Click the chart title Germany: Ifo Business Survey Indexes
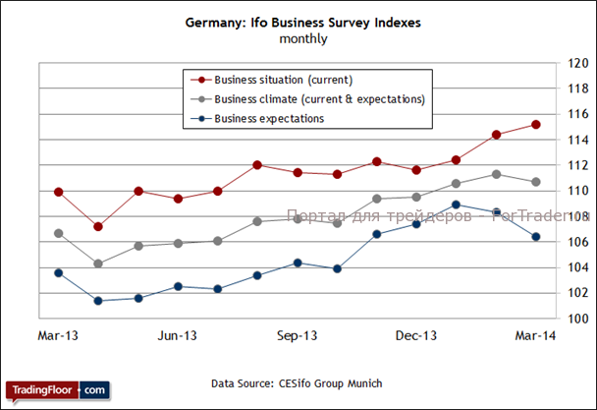coord(302,22)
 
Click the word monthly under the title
coord(302,39)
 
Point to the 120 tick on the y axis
coord(578,63)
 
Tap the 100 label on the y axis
coord(578,319)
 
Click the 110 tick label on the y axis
coord(578,191)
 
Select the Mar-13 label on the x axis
coord(58,336)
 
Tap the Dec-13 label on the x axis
coord(416,336)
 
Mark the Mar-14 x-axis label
coord(536,336)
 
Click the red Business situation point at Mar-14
coord(536,124)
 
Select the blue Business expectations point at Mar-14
coord(536,236)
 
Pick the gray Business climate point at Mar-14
coord(536,182)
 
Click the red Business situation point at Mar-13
coord(59,192)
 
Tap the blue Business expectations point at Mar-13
coord(59,272)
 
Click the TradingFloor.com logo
coord(57,390)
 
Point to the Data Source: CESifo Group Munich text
coord(297,382)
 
